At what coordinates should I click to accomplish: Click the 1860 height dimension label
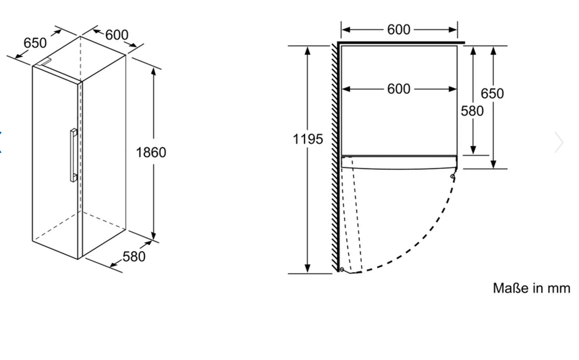(151, 152)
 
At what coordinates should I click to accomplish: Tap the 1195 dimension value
(308, 139)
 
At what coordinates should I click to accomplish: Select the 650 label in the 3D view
(35, 43)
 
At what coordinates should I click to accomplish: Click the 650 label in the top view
(492, 93)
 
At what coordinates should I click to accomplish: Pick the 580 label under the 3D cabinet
(133, 256)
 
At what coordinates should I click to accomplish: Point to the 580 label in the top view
(472, 111)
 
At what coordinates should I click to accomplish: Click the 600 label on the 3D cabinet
(116, 34)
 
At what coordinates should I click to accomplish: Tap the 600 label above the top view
(399, 29)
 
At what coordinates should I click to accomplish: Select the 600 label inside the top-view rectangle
(399, 89)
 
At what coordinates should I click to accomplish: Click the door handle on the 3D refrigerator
(74, 155)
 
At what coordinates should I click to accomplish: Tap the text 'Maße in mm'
(531, 288)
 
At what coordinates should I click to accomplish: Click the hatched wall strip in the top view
(335, 157)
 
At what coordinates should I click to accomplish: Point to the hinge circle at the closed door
(453, 176)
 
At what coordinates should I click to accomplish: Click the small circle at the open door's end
(342, 270)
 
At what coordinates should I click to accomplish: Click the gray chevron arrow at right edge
(559, 142)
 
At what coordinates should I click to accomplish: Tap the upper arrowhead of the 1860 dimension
(154, 71)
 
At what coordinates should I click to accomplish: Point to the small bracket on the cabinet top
(45, 62)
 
